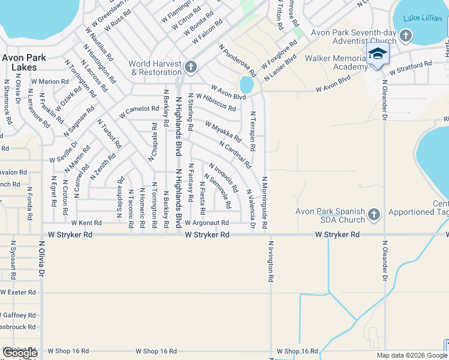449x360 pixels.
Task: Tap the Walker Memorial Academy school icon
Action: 378,55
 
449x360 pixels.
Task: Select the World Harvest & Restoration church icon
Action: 191,66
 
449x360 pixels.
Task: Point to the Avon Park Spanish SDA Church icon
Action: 374,214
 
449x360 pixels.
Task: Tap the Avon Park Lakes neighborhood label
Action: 20,62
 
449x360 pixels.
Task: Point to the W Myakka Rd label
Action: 223,133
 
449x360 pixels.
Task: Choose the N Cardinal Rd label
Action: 235,155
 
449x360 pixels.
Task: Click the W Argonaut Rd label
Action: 207,223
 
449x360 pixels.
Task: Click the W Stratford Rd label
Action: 411,67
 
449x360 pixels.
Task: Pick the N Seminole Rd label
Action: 217,191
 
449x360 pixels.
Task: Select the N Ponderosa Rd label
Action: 238,60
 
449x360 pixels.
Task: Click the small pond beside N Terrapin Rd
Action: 246,85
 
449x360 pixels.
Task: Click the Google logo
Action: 20,353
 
